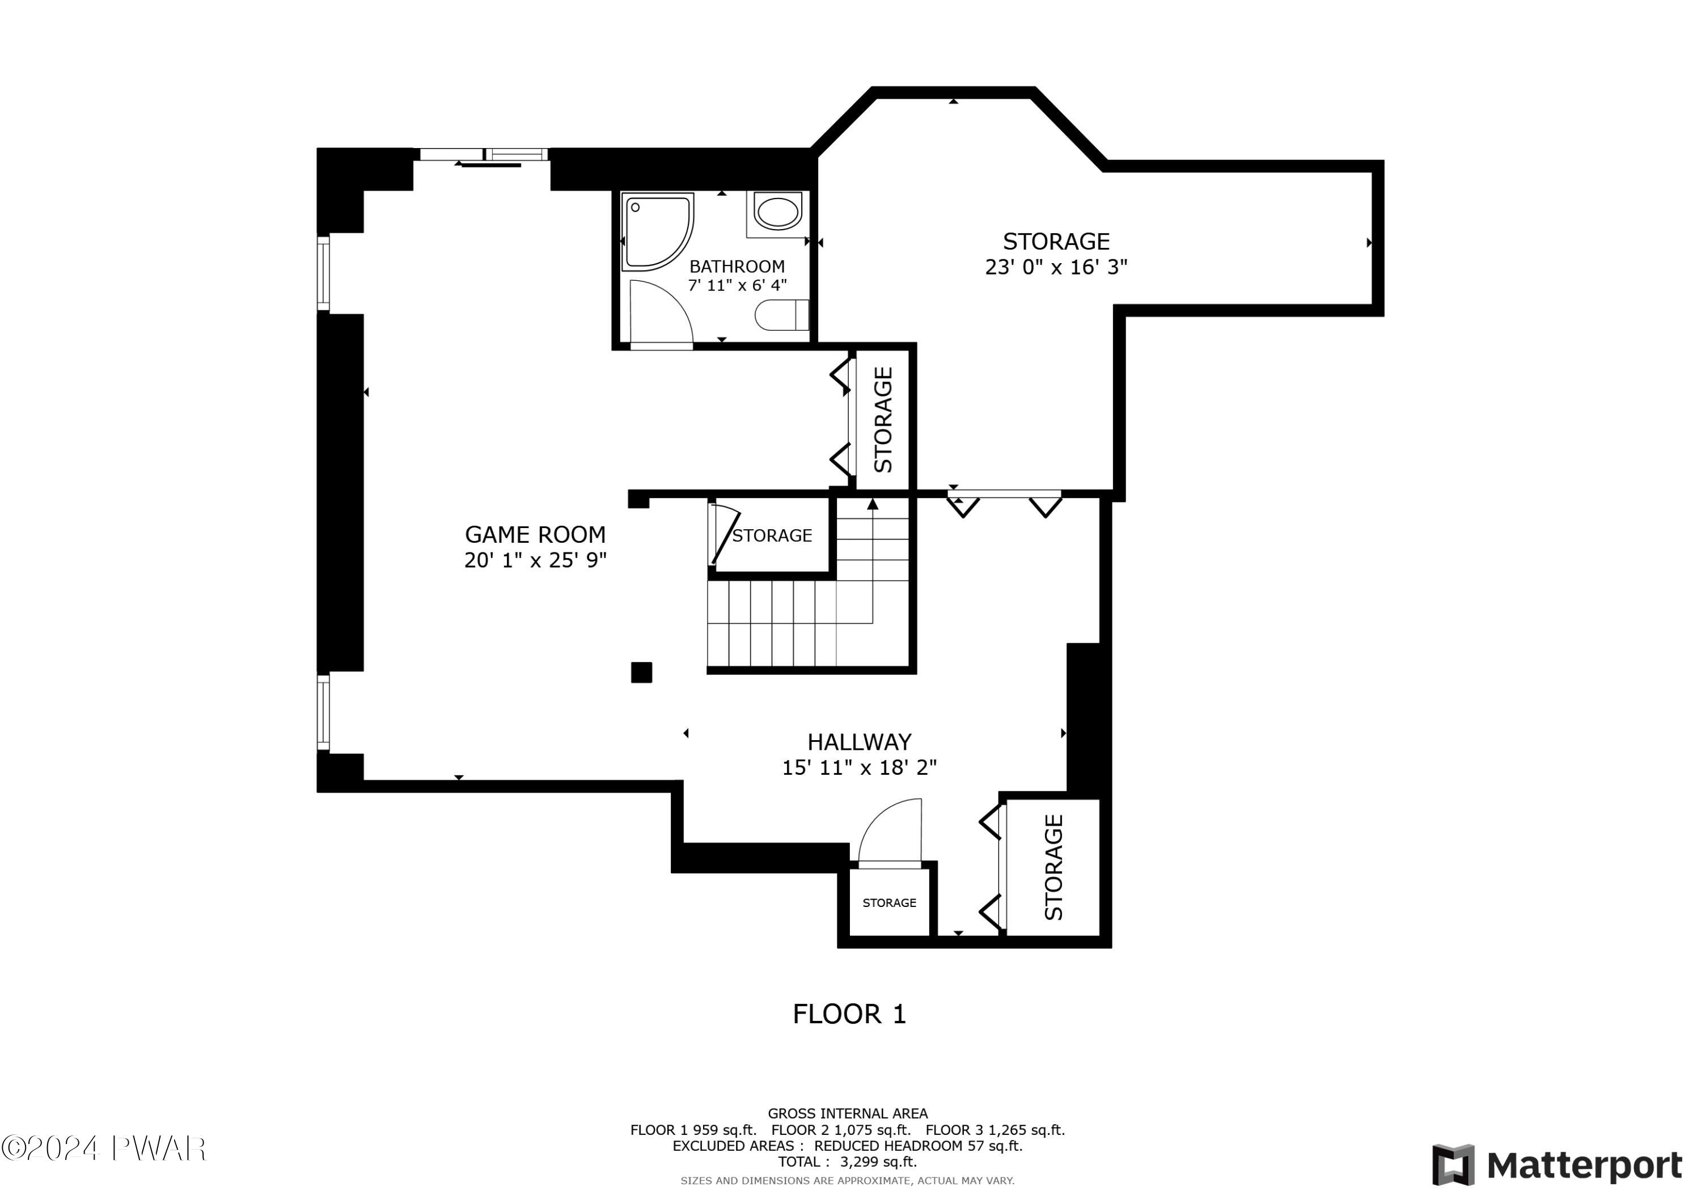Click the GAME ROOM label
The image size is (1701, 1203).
[535, 534]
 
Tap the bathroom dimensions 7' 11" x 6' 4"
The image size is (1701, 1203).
[737, 285]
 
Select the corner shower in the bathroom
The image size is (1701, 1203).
[658, 232]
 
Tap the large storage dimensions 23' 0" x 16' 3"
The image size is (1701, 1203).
[1056, 267]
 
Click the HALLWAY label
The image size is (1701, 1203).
[860, 742]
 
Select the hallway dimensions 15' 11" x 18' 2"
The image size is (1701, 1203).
[860, 767]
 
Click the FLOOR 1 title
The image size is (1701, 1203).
[849, 1014]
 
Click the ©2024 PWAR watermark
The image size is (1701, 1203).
[104, 1148]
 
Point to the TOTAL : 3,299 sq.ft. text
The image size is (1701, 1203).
[848, 1162]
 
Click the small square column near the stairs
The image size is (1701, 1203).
[642, 672]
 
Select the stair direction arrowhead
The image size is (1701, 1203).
[873, 504]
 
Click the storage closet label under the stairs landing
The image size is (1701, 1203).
[772, 535]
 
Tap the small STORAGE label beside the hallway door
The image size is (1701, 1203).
[889, 903]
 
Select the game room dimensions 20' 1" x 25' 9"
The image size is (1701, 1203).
[535, 560]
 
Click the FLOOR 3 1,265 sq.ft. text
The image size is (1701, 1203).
[995, 1130]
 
